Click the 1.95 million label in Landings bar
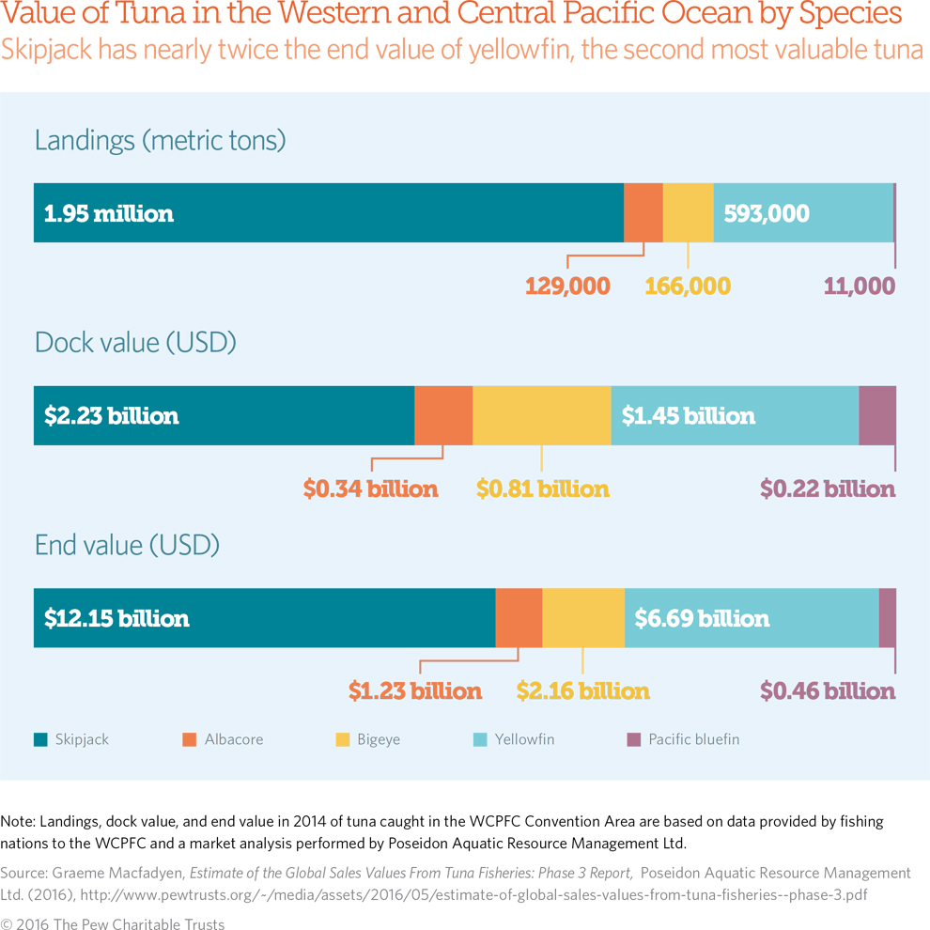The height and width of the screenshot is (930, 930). point(109,213)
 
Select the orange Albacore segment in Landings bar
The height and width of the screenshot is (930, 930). point(643,213)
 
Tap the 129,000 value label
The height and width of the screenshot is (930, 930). point(567,286)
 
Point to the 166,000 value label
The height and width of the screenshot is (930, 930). point(688,286)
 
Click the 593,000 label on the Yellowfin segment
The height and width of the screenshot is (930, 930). point(767,213)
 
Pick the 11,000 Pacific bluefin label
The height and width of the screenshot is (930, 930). point(860,286)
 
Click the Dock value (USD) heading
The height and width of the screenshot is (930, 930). point(135,343)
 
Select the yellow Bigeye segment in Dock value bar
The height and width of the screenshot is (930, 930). point(541,415)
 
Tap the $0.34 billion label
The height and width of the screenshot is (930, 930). point(370,488)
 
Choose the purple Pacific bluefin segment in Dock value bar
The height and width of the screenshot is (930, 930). point(877,415)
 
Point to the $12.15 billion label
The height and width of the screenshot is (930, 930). point(116,618)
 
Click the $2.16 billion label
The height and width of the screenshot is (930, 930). point(582,691)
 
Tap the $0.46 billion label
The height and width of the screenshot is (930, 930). point(827,691)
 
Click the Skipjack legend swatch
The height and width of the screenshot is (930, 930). point(40,739)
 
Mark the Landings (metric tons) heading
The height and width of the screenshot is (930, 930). point(160,141)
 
